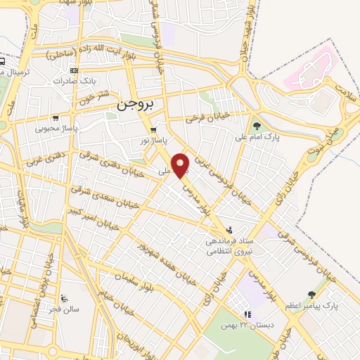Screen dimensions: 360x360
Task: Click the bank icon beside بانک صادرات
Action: tap(75, 71)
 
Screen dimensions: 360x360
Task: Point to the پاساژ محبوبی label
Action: tap(55, 129)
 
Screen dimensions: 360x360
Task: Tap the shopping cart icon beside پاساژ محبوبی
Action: tap(55, 118)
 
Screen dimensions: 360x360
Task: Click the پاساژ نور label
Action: tap(153, 141)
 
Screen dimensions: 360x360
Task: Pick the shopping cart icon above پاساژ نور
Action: tap(153, 130)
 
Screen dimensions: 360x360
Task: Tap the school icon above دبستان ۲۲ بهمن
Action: tap(246, 315)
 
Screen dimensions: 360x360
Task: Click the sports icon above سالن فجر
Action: tap(65, 297)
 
